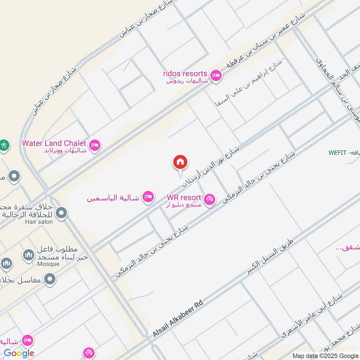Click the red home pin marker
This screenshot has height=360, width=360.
pos(180,162)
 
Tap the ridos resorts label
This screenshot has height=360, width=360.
pos(185,73)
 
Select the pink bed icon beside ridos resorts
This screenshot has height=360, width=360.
pos(216,75)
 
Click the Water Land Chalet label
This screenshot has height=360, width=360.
pos(54,143)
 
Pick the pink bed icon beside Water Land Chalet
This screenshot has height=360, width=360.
pos(95,145)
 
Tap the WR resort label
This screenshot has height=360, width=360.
pos(184,198)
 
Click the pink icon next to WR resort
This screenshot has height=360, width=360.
pos(209,199)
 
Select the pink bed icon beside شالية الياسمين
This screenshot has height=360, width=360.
pos(148,197)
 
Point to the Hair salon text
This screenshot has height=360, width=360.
pos(39,221)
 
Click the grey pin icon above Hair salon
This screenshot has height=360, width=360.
pos(61,213)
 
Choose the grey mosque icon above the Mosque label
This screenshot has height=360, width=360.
pos(28,255)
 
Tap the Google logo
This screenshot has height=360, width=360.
pos(19,353)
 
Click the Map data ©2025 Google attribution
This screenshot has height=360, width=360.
pos(324,355)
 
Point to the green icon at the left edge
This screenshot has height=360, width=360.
pos(4,145)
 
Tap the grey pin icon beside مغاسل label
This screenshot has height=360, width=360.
pos(50,279)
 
